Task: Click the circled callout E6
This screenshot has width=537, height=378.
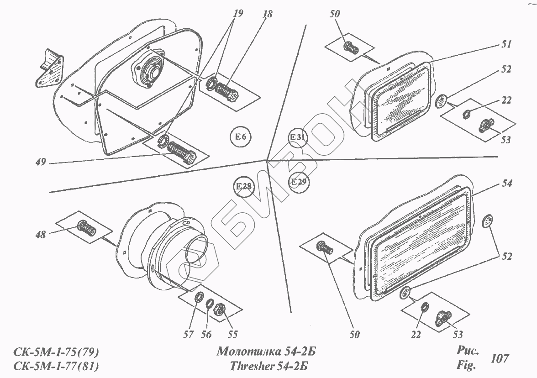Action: tap(241, 136)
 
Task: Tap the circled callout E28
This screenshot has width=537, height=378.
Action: tap(244, 186)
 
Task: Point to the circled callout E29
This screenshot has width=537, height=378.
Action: tap(299, 182)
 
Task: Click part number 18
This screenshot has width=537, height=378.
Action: tap(267, 14)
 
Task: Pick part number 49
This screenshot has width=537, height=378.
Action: tap(41, 162)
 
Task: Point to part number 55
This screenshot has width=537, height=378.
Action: tap(232, 335)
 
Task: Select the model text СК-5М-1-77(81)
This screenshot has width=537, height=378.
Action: tap(57, 366)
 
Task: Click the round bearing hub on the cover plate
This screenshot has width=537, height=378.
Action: tap(151, 71)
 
